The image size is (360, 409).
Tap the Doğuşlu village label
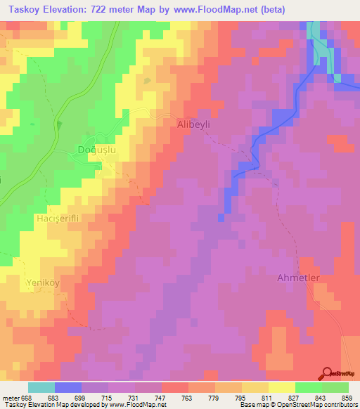pos(96,149)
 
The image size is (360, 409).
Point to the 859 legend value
pos(347,398)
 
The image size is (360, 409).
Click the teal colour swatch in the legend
pos(41,387)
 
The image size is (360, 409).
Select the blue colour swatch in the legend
pos(67,387)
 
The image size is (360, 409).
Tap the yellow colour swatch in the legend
pos(281,387)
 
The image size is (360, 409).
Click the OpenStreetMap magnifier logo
pos(327,374)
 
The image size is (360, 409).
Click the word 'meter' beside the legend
pos(10,398)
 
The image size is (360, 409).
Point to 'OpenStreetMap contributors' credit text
pos(316,405)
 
